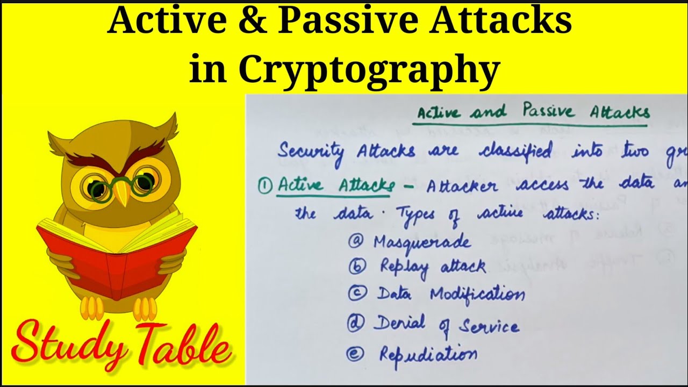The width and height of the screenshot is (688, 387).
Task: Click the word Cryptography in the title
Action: (x=369, y=70)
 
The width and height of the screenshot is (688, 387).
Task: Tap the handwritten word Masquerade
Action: (x=422, y=242)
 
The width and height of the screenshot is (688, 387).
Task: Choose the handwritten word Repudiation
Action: (x=428, y=354)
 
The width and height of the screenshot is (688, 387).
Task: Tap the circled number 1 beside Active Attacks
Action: (x=264, y=185)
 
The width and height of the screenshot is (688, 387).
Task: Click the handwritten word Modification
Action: (x=477, y=294)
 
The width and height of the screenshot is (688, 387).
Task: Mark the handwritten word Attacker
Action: (x=462, y=185)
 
